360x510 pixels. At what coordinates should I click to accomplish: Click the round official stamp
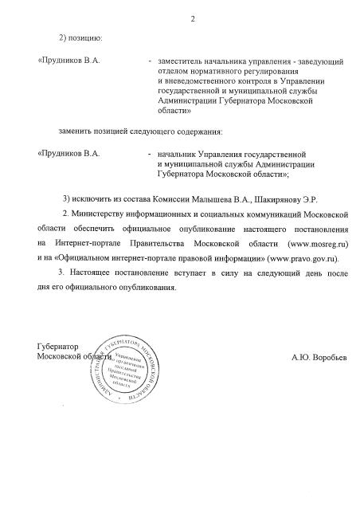pyautogui.click(x=123, y=370)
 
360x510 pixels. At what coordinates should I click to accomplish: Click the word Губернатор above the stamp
pyautogui.click(x=59, y=348)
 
